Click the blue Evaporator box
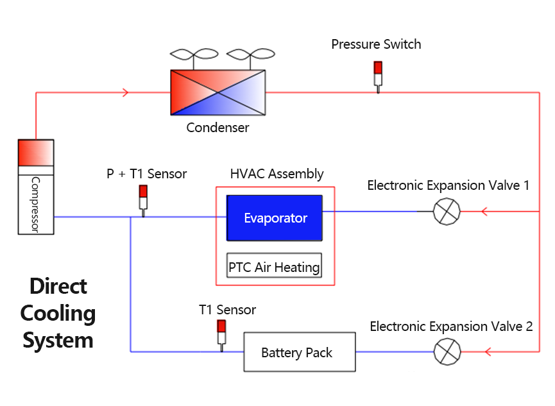275,218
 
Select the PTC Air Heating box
274,266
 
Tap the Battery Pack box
299,352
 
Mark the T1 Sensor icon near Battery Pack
222,334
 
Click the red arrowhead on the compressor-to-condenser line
126,93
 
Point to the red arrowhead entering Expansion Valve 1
486,211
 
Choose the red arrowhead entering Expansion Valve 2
488,351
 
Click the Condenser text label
218,128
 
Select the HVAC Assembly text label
277,174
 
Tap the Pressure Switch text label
376,44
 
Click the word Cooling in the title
58,313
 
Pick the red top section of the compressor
36,152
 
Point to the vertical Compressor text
35,205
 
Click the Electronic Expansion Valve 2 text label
451,326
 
